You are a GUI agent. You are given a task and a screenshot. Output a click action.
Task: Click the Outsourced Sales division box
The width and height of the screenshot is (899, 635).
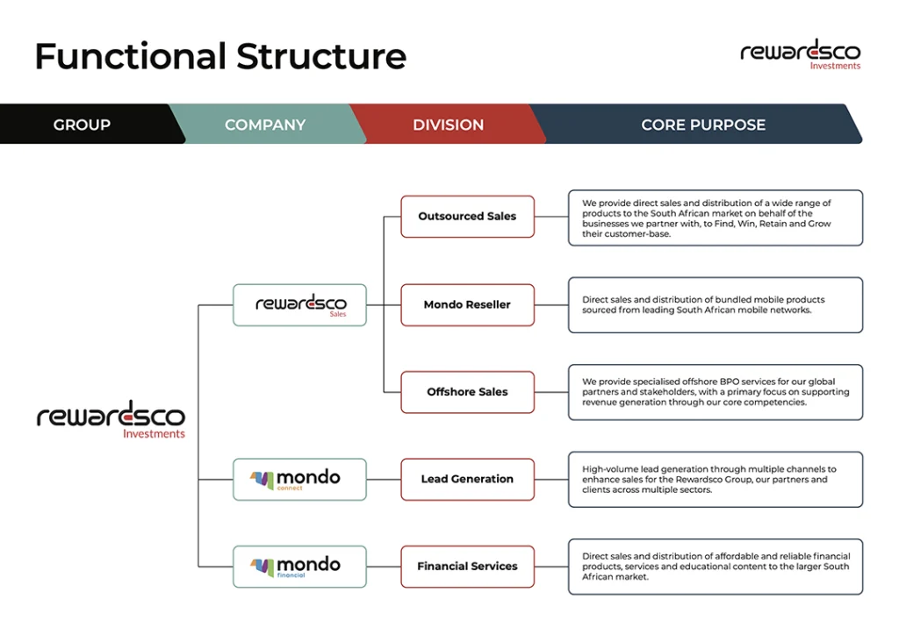pos(467,217)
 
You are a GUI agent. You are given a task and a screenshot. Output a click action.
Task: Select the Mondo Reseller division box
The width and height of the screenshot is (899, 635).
pos(467,305)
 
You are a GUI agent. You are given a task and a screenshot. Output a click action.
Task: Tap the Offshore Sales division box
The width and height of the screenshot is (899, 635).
pos(467,392)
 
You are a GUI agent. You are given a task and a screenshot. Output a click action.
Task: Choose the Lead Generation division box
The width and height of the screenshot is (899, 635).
pos(467,480)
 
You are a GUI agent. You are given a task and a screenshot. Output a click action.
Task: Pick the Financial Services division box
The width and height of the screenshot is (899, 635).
pos(467,567)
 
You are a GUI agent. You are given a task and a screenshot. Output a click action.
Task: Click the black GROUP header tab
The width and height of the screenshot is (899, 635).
pos(83,125)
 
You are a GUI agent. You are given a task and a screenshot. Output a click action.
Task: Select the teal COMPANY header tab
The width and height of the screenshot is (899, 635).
pos(265,125)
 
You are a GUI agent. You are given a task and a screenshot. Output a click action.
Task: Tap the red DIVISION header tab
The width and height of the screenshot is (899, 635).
pos(448,125)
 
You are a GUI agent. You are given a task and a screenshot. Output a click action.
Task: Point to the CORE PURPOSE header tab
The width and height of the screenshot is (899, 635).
pos(702,125)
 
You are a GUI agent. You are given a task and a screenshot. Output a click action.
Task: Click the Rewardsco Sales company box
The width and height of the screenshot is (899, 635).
pos(299,305)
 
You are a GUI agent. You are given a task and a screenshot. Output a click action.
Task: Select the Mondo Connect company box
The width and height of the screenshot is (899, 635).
pos(299,480)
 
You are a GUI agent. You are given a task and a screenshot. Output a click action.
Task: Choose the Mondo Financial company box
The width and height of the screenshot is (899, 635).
pos(299,567)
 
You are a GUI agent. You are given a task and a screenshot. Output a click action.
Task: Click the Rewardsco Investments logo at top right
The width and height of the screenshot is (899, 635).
pos(800,54)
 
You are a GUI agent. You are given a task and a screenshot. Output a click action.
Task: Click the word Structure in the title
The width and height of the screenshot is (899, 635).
pos(321,57)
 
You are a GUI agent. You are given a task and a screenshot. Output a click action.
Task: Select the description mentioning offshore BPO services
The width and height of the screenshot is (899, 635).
pos(715,392)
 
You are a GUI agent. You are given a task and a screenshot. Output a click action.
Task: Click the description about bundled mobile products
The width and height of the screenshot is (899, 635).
pos(715,305)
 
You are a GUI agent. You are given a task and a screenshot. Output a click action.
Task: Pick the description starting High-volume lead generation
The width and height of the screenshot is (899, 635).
pos(715,480)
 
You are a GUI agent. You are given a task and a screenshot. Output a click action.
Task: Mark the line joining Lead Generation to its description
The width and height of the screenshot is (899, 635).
pos(550,480)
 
